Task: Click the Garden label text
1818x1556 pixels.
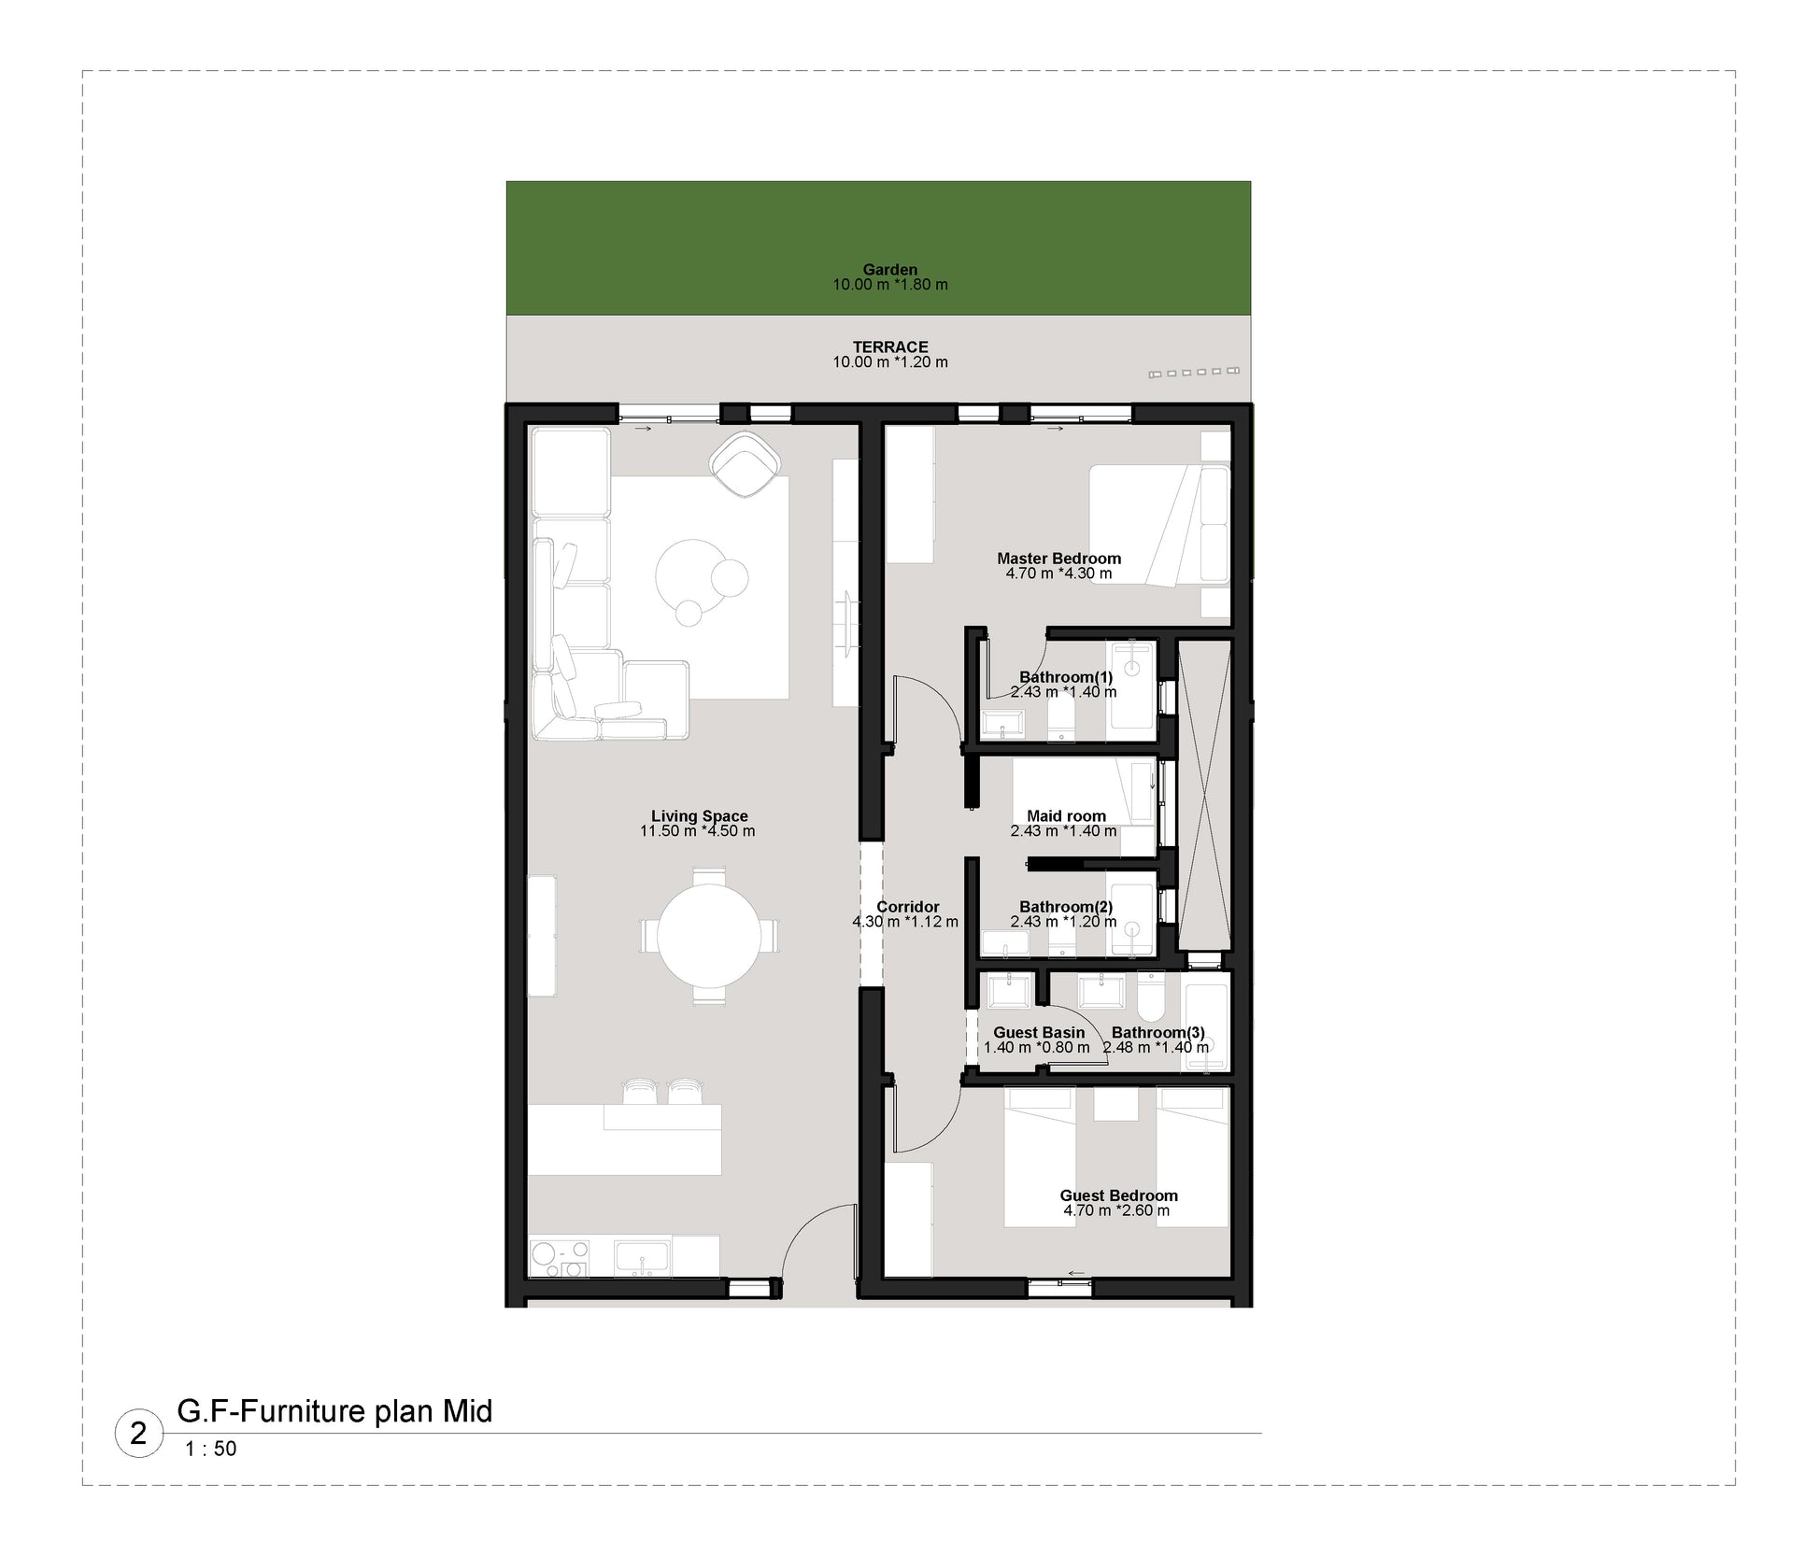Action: (889, 270)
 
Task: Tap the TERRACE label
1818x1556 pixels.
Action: (890, 347)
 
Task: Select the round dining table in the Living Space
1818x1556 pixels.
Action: (708, 935)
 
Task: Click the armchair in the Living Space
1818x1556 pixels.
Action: (745, 464)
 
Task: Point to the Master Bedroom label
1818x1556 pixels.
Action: (1058, 559)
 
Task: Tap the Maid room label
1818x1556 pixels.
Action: (1066, 816)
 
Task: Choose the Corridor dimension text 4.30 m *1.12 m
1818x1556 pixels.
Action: (905, 922)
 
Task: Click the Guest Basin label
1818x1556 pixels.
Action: (1039, 1032)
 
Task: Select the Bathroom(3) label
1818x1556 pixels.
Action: (1158, 1032)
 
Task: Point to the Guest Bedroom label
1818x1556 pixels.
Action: (1118, 1195)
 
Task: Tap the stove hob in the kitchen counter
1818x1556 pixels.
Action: (560, 1257)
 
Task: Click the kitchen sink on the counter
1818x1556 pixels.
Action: (642, 1257)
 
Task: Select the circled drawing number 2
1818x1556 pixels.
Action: (138, 1434)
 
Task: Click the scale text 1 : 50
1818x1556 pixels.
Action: (211, 1449)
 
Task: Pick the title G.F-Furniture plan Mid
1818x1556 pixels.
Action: (334, 1410)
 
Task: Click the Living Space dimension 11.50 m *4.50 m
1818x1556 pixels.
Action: (698, 831)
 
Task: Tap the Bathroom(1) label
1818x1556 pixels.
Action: (1066, 677)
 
